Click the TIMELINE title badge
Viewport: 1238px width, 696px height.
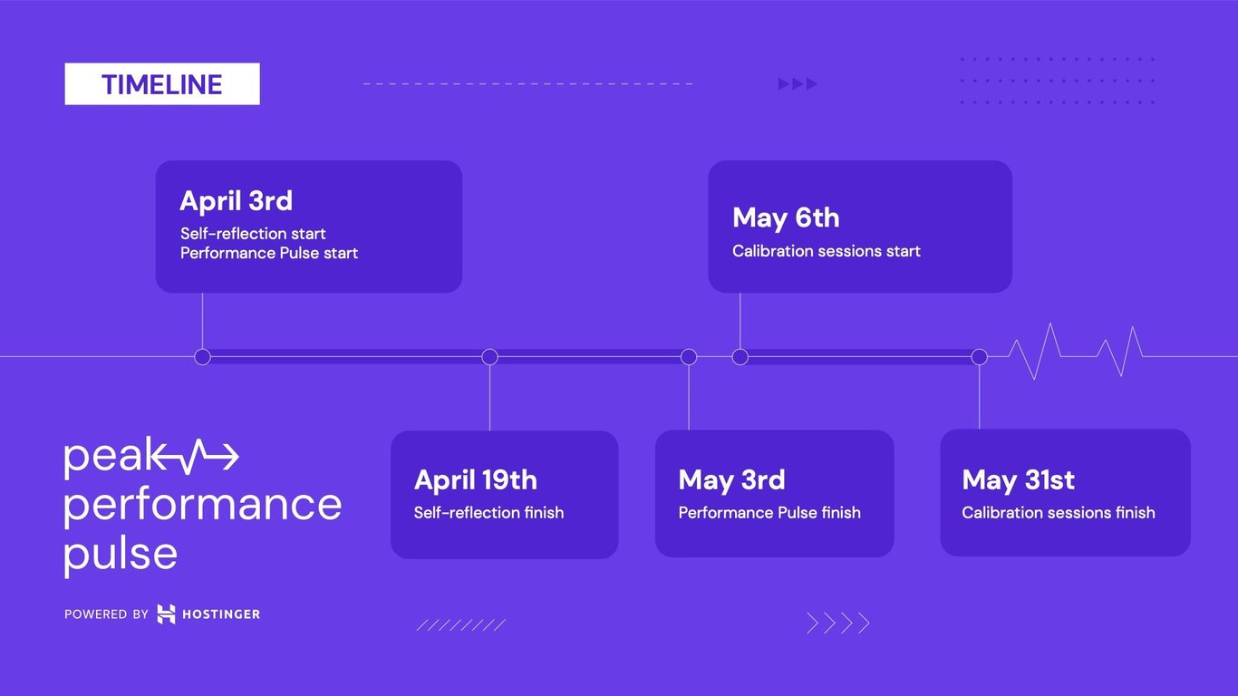tap(162, 84)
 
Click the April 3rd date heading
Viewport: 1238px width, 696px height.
tap(236, 200)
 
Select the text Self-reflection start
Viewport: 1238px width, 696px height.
tap(253, 234)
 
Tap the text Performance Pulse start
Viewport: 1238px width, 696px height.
tap(269, 253)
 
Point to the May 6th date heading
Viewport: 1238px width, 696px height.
tap(786, 217)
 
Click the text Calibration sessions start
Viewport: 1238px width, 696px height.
tap(826, 251)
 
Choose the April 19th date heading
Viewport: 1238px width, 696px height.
tap(475, 479)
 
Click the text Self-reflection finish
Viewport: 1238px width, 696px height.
tap(488, 513)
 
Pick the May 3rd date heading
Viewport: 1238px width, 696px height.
tap(731, 479)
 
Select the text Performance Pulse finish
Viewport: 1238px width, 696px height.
tap(769, 513)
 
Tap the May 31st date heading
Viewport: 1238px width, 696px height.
tap(1019, 479)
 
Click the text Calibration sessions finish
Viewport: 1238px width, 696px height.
tap(1058, 513)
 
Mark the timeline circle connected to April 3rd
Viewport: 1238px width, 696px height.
tap(202, 357)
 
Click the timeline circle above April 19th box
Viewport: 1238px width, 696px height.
tap(489, 357)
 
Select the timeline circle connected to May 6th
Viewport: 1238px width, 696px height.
tap(740, 357)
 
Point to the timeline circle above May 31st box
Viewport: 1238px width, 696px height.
tap(979, 357)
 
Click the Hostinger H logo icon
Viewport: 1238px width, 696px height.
tap(166, 614)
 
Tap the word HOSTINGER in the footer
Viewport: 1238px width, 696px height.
tap(221, 614)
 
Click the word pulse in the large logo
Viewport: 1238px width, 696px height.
tap(121, 552)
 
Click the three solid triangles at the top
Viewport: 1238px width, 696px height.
tap(798, 84)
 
